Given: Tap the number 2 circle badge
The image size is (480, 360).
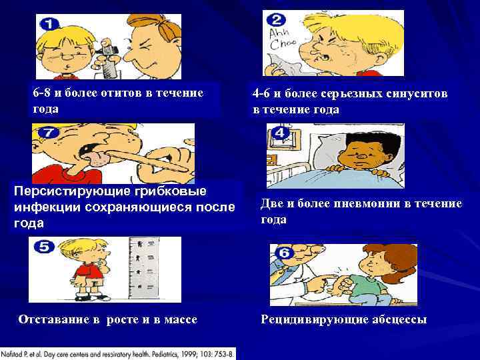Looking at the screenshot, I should [278, 21].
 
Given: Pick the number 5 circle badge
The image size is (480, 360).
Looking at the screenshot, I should [45, 247].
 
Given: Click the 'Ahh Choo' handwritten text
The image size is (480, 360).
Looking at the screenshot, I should [279, 41].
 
